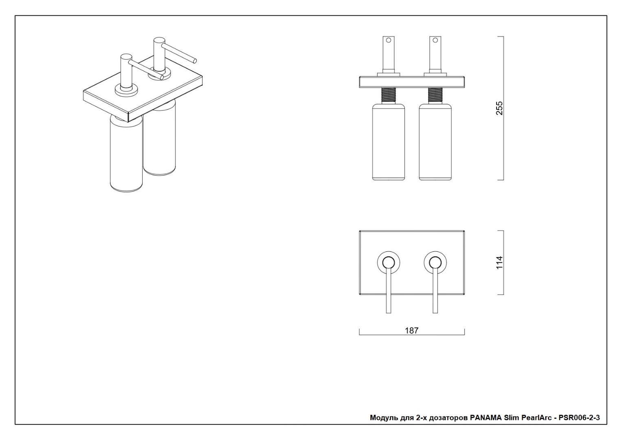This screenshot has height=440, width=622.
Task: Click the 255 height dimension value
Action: coord(499,108)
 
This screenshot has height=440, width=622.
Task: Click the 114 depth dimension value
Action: coord(499,262)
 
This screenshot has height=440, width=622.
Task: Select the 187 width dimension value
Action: coord(411,330)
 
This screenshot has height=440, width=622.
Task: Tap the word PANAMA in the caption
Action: coord(486,418)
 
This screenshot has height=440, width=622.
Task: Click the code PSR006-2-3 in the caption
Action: coord(579,418)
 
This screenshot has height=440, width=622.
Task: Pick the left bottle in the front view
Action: coord(389,142)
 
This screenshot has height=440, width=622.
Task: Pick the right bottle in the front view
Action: coord(435,142)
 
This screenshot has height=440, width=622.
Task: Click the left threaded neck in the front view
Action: coord(389,96)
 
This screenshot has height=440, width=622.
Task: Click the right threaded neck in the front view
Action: coord(435,96)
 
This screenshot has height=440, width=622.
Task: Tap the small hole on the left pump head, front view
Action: coord(389,40)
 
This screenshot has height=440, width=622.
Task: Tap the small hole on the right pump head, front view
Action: coord(435,40)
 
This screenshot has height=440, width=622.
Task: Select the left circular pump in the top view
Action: coord(389,262)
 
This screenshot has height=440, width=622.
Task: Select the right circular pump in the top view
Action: coord(435,262)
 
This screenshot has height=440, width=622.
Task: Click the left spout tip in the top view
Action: coord(389,311)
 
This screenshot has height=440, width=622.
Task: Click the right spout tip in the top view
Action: coord(435,311)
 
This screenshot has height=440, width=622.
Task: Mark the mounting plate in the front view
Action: coord(411,82)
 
